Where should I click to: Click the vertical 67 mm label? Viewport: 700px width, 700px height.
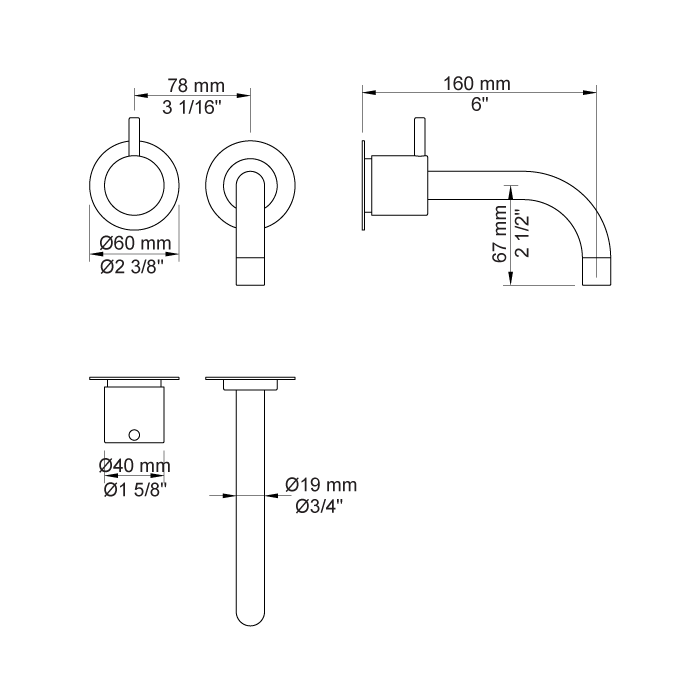(x=500, y=233)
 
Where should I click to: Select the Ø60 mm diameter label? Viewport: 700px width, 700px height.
(x=136, y=244)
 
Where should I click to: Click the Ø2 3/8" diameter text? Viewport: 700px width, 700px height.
(x=136, y=266)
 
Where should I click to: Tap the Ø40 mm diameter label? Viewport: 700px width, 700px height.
(x=135, y=466)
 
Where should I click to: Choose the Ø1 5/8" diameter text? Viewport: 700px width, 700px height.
(x=135, y=488)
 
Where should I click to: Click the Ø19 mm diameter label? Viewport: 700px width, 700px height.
(x=321, y=485)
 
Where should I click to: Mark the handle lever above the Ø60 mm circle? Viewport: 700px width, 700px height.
(x=134, y=135)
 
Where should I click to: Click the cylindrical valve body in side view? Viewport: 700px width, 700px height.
(x=399, y=186)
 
